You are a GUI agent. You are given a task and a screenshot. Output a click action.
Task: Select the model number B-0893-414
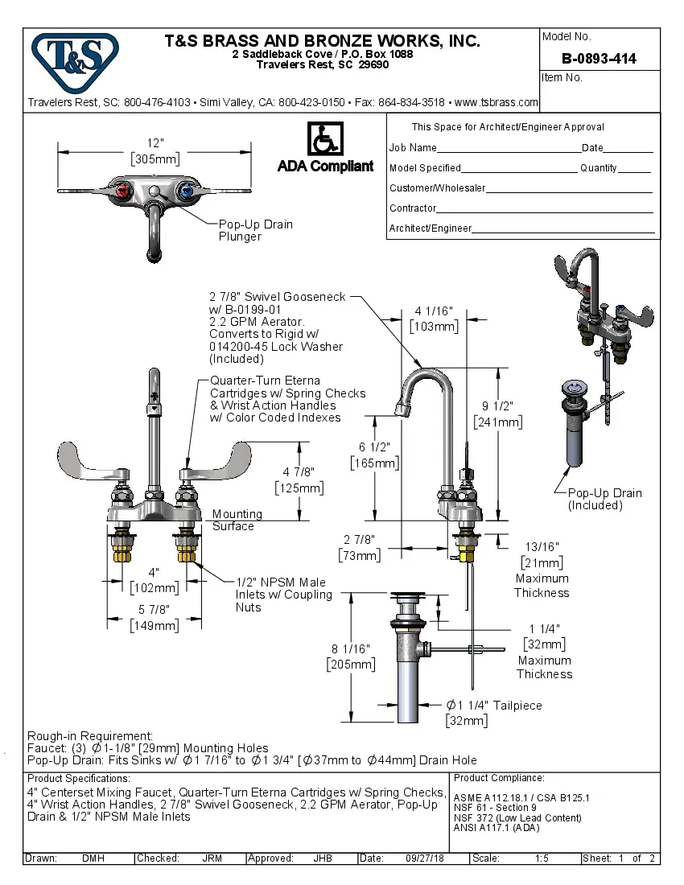coord(599,59)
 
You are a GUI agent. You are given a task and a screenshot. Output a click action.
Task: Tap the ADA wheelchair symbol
coord(325,139)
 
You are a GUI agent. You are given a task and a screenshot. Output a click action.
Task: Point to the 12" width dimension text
coord(155,142)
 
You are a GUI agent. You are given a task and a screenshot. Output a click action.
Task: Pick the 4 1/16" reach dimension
coord(434,311)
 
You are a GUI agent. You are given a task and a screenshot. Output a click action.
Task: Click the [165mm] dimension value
coord(374,463)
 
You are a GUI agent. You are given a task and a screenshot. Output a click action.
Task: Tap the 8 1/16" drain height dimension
coord(350,648)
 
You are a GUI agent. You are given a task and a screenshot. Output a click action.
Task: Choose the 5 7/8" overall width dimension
coord(155,610)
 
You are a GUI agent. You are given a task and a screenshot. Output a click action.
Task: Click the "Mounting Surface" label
coord(237,520)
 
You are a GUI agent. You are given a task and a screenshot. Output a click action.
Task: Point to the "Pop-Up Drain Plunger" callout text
coord(255,230)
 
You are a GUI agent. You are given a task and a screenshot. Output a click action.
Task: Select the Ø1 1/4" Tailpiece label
coord(494,706)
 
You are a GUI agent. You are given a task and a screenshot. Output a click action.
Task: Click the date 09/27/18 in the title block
coord(426,858)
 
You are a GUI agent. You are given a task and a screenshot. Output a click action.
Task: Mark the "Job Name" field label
coord(413,148)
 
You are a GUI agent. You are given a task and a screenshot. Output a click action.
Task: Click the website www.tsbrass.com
coord(496,102)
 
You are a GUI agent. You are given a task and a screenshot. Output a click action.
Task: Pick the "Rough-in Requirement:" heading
coord(90,735)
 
